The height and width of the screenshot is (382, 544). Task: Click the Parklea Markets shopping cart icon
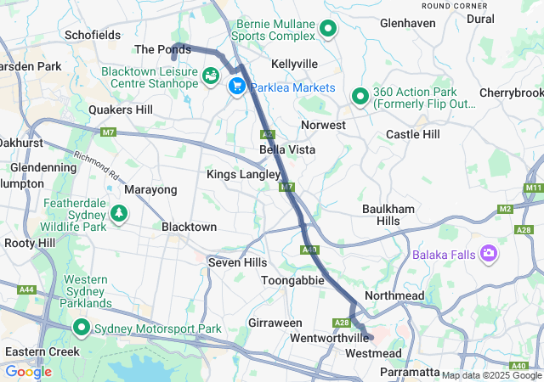point(236,87)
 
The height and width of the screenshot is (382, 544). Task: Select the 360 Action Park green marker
point(360,98)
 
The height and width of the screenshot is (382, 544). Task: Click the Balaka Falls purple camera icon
point(489,254)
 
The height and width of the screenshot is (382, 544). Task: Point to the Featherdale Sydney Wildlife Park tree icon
point(120,212)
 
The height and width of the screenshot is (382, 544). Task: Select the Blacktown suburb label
point(189,228)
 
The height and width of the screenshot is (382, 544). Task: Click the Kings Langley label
point(243,174)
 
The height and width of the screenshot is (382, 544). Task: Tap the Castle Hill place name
point(413,134)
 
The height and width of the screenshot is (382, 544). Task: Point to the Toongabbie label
point(292,279)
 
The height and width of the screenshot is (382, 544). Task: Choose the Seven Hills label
point(238,263)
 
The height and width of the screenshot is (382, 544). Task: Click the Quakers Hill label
point(121,110)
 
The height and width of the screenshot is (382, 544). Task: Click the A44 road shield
point(27,290)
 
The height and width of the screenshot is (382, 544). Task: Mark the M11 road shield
point(533,187)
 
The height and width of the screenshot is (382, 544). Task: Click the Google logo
point(28,371)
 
